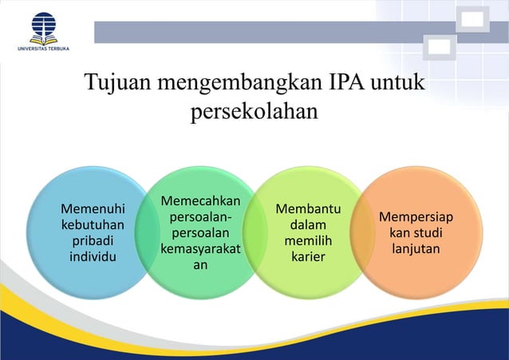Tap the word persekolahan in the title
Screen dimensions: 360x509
coord(254,112)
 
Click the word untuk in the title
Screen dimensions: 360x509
coord(396,84)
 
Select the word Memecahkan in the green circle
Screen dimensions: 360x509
coord(200,200)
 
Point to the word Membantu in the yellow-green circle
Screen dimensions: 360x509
coord(308,209)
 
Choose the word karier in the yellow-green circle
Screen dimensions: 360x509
coord(308,256)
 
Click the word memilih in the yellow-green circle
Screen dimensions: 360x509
coord(308,240)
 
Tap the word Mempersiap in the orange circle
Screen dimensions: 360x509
coord(416,217)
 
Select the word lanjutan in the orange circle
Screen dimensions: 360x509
coord(416,248)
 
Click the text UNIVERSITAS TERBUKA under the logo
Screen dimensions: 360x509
coord(45,49)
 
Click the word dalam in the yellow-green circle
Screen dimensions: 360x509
coord(308,225)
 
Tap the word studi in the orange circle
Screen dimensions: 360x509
coord(427,232)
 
